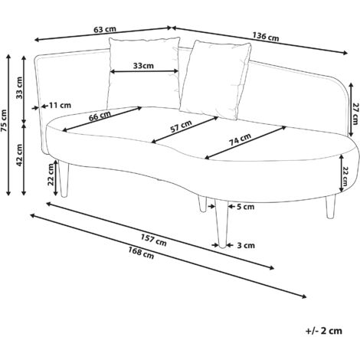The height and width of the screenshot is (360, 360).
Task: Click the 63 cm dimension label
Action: pos(105,29)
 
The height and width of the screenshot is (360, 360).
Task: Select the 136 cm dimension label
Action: pos(266,37)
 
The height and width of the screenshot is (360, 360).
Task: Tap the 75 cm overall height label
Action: pos(4,121)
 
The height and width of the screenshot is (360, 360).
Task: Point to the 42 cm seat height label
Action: pos(19,155)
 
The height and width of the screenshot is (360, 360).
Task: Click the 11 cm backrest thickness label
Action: pos(60,105)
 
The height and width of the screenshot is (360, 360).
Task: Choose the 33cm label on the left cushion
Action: pos(143,66)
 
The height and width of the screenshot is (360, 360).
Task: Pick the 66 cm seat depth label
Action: pos(100,116)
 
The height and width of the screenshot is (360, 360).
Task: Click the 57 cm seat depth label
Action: pos(181,126)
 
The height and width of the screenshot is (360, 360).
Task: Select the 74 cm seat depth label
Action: pos(240,139)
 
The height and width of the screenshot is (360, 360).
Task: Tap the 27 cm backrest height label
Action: pos(355,114)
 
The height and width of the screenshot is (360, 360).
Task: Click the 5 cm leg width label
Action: pos(246,207)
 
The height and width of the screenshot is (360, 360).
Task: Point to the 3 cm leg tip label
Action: pos(246,246)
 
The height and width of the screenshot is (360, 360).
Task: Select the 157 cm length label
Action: pos(154,241)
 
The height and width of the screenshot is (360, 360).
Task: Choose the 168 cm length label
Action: pos(141,253)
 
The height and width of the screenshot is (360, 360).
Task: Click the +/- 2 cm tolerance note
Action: pos(324,331)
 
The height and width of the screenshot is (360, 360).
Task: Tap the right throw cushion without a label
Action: pos(215,79)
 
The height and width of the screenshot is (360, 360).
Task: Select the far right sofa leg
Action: pos(330,207)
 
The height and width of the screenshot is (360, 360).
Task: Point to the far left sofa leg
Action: pos(64,178)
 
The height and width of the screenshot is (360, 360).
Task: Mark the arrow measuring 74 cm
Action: pos(246,142)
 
